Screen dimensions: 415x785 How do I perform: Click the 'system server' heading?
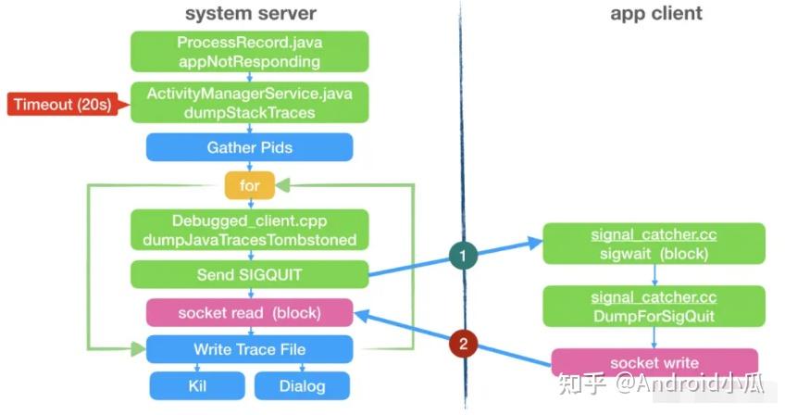pyautogui.click(x=250, y=13)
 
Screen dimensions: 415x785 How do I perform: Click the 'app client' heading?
pyautogui.click(x=655, y=13)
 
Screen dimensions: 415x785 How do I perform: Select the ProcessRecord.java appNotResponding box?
pyautogui.click(x=249, y=51)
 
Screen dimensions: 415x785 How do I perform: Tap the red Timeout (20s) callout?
pyautogui.click(x=62, y=104)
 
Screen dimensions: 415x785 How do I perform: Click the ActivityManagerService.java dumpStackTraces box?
pyautogui.click(x=249, y=102)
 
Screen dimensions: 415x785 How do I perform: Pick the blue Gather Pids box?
pyautogui.click(x=249, y=147)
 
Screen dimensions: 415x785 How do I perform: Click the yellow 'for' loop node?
pyautogui.click(x=250, y=185)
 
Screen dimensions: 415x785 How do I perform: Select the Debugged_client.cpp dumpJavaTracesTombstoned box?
pyautogui.click(x=249, y=229)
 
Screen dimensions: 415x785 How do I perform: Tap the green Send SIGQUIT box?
pyautogui.click(x=249, y=274)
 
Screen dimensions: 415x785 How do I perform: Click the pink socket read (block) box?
pyautogui.click(x=249, y=312)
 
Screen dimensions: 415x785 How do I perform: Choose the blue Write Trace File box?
pyautogui.click(x=249, y=349)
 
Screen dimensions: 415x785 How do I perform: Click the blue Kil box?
pyautogui.click(x=197, y=385)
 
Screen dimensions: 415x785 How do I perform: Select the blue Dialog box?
pyautogui.click(x=302, y=385)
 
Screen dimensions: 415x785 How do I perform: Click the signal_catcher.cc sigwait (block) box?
pyautogui.click(x=654, y=244)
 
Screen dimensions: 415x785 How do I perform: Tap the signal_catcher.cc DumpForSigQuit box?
pyautogui.click(x=654, y=307)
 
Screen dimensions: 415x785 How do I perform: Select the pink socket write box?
pyautogui.click(x=654, y=362)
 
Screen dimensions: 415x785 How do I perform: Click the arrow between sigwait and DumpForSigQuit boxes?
pyautogui.click(x=654, y=275)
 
